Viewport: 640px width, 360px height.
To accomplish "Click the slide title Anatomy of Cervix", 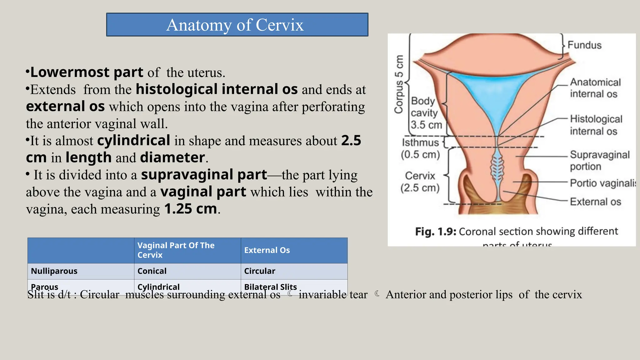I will [x=235, y=25].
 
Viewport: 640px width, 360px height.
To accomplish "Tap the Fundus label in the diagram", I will [x=584, y=45].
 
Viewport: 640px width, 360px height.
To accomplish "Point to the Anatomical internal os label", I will [x=595, y=88].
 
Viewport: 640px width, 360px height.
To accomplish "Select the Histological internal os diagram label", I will [x=595, y=125].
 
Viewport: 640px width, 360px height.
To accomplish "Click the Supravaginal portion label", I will [x=599, y=160].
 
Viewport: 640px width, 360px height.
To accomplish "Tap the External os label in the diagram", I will [x=595, y=202].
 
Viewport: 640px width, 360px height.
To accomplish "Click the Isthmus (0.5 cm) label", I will [x=420, y=148].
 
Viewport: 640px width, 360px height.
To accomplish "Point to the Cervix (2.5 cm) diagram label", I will [x=420, y=182].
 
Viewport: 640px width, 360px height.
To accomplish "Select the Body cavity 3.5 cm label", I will [x=425, y=113].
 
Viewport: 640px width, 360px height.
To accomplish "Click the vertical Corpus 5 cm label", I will [x=399, y=84].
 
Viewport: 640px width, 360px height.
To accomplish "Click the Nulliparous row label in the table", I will [x=54, y=271].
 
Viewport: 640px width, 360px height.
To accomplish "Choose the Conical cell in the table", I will [x=152, y=271].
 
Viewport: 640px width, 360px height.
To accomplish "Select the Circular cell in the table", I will [x=259, y=271].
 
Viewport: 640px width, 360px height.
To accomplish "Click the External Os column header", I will [x=267, y=250].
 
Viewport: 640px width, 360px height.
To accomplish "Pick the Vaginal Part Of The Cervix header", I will [x=176, y=250].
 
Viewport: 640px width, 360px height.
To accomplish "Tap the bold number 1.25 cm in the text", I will [x=190, y=209].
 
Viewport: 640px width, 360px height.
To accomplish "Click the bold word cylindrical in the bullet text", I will [x=133, y=140].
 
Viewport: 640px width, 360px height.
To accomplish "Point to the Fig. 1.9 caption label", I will [x=436, y=232].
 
